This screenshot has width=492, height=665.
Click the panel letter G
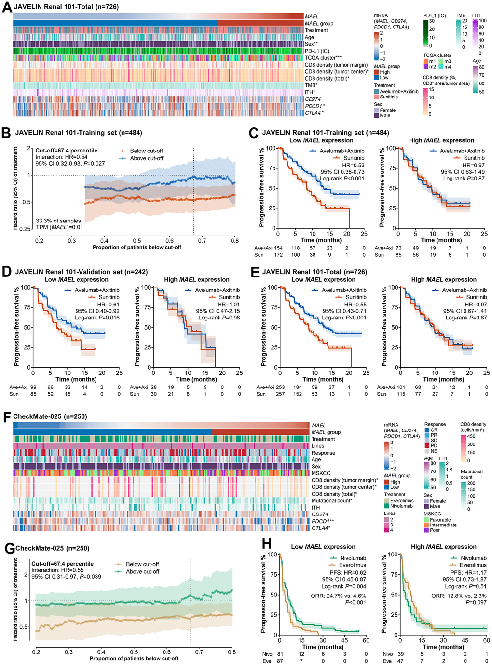pyautogui.click(x=9, y=548)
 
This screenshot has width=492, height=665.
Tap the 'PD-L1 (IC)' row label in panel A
pyautogui.click(x=317, y=51)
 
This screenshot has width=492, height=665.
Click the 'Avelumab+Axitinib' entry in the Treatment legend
pyautogui.click(x=399, y=91)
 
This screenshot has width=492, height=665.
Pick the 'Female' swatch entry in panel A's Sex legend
pyautogui.click(x=387, y=110)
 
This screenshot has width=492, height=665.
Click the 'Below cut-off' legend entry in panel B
pyautogui.click(x=147, y=151)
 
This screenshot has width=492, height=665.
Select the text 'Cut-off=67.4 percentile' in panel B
pyautogui.click(x=67, y=151)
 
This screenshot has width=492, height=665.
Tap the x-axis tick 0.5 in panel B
pyautogui.click(x=137, y=240)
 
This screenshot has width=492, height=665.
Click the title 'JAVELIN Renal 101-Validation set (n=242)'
pyautogui.click(x=82, y=272)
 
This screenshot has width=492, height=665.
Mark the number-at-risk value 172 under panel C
pyautogui.click(x=278, y=255)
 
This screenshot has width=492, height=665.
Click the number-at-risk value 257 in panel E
pyautogui.click(x=280, y=394)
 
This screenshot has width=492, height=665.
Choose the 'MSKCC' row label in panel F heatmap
pyautogui.click(x=321, y=473)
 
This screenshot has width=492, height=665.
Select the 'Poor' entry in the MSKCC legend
pyautogui.click(x=435, y=530)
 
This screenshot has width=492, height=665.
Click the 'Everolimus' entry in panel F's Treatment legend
pyautogui.click(x=402, y=500)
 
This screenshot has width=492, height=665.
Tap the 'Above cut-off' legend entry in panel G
pyautogui.click(x=142, y=571)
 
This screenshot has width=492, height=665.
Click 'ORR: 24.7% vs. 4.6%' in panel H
pyautogui.click(x=338, y=596)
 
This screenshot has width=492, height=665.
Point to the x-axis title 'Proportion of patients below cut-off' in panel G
pyautogui.click(x=134, y=658)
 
